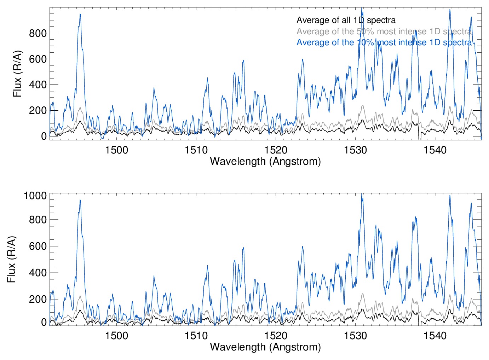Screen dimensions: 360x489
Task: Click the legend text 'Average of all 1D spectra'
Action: point(346,20)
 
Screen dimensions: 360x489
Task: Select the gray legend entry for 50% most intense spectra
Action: point(384,31)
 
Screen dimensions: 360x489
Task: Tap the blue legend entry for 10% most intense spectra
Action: point(384,42)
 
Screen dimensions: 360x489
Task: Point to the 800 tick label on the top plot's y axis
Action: point(38,33)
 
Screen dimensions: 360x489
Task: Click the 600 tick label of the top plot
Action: point(38,59)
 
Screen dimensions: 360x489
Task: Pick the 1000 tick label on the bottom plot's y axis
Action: point(35,195)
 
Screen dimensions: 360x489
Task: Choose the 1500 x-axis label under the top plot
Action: point(116,150)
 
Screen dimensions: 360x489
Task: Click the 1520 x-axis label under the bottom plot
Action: point(276,335)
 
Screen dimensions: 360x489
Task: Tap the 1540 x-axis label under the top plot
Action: point(435,150)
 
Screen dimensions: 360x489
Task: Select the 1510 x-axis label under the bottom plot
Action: point(196,335)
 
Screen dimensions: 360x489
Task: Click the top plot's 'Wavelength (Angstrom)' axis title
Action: point(265,161)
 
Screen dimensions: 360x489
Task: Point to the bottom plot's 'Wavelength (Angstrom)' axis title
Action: point(265,347)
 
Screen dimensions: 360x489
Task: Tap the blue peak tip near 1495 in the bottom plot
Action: point(80,201)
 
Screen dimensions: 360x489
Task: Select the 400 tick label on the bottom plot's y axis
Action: point(38,273)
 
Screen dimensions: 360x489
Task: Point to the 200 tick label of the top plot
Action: point(38,110)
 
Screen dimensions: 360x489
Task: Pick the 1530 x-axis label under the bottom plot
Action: point(356,335)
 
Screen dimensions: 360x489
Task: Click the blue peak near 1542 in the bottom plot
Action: point(450,196)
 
